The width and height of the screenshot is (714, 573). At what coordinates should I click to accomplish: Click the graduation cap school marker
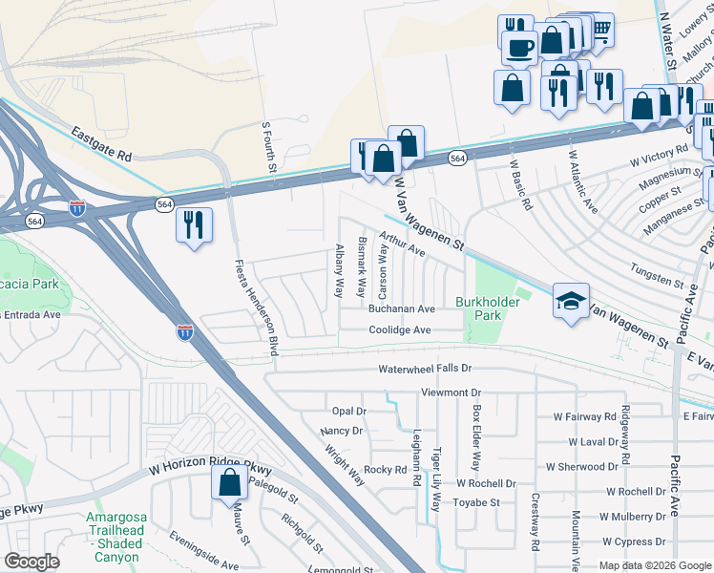pos(571,302)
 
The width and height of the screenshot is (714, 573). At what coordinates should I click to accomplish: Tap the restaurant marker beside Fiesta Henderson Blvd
pos(194,225)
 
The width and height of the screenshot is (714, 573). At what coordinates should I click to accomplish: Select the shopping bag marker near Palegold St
pos(230,482)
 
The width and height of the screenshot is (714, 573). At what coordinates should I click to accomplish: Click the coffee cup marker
pos(521,47)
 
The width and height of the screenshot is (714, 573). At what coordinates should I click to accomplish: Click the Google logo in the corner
pos(31,562)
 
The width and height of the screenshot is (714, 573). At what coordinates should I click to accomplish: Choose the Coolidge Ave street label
pos(401,330)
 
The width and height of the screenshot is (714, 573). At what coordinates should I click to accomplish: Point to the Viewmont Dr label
pos(452,393)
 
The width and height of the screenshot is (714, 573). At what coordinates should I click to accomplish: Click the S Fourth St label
pos(269,147)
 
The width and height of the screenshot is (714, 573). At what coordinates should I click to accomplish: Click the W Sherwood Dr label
pos(581,467)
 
